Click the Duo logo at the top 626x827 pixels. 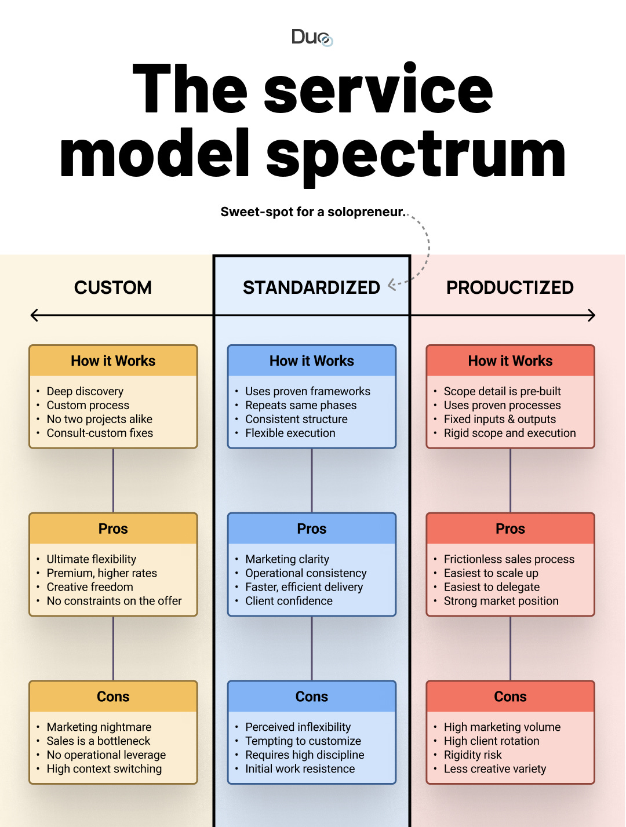click(312, 37)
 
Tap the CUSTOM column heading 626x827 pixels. click(113, 287)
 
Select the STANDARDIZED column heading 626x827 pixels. click(311, 287)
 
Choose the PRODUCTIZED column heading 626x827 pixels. click(510, 287)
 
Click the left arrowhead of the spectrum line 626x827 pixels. click(34, 315)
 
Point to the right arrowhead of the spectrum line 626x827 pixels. click(592, 315)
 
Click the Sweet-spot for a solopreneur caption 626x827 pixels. click(312, 212)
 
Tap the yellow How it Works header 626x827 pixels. click(113, 361)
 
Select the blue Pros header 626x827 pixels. click(312, 529)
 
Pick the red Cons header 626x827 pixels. click(510, 697)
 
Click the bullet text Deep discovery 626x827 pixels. click(85, 391)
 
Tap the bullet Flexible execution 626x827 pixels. click(290, 433)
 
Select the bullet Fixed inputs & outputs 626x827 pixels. click(500, 419)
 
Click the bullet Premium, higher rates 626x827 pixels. click(102, 573)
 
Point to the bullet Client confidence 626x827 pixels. click(289, 601)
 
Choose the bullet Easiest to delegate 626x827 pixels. click(492, 587)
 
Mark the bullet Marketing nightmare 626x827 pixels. click(99, 727)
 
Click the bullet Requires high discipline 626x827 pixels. click(305, 755)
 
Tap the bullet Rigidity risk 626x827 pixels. click(473, 755)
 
